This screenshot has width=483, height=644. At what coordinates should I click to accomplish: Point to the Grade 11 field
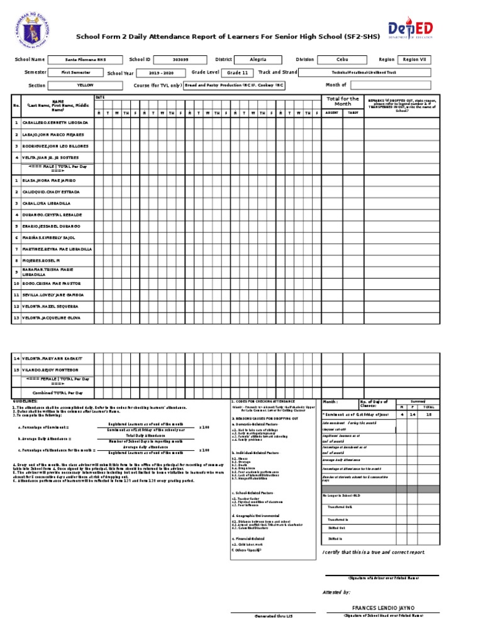(x=237, y=73)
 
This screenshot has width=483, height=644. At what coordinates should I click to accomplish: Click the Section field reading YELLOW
(x=86, y=85)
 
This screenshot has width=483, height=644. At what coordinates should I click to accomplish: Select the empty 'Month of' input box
(x=390, y=85)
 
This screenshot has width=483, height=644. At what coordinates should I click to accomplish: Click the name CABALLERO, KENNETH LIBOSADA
(x=55, y=123)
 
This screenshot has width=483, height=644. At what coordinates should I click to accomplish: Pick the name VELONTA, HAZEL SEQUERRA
(x=50, y=306)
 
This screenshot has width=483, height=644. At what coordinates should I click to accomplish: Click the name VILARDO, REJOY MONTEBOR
(x=50, y=370)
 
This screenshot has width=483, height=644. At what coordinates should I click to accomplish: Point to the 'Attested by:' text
(x=336, y=592)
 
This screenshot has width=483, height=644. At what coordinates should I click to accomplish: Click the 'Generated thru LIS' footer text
(x=274, y=616)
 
